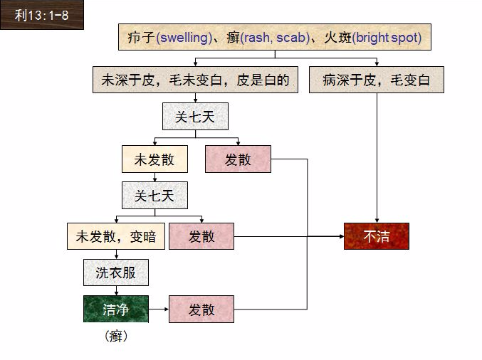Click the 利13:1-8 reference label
(41, 15)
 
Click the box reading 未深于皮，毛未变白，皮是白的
(194, 80)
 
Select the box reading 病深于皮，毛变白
(377, 80)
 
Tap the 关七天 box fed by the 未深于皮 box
(195, 116)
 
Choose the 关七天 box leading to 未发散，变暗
(154, 195)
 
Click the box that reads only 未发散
(154, 159)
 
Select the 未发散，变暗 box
(115, 236)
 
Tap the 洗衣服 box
(116, 272)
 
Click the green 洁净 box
(116, 309)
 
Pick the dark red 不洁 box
(377, 236)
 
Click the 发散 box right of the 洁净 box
(201, 309)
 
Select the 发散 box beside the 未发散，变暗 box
(201, 236)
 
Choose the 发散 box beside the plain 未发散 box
(238, 159)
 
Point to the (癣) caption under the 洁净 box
(116, 335)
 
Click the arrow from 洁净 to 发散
(159, 309)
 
